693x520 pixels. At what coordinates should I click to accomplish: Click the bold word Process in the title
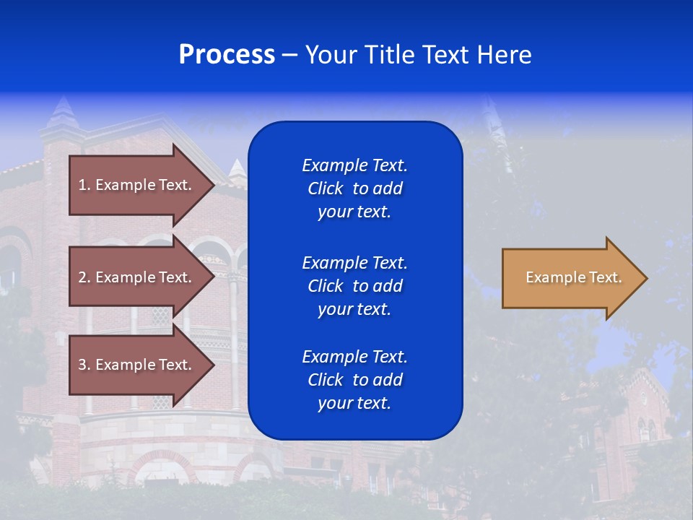(x=227, y=55)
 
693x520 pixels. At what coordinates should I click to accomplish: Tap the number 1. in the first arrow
(x=84, y=185)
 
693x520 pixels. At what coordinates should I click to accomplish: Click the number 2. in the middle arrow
(x=84, y=277)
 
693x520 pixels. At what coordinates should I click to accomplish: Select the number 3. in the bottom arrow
(x=84, y=365)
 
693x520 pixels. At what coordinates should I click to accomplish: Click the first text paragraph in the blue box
(x=354, y=188)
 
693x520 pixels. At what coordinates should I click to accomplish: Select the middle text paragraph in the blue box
(x=354, y=286)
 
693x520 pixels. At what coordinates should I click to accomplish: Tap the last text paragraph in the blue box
(x=354, y=380)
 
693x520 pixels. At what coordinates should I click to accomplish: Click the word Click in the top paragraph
(x=326, y=188)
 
